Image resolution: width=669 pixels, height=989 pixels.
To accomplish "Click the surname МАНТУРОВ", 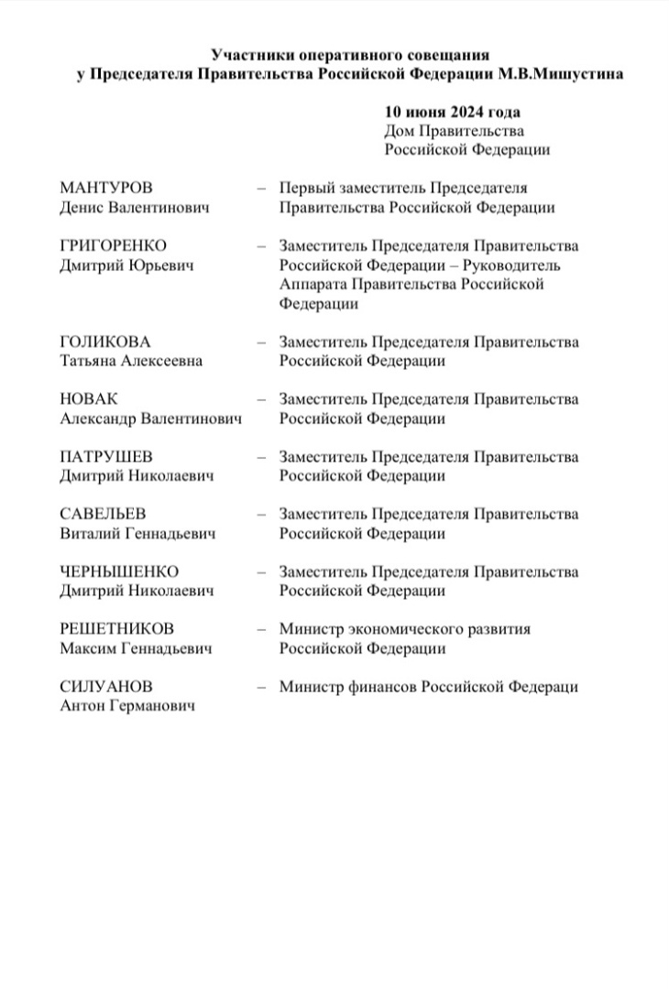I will pyautogui.click(x=106, y=189).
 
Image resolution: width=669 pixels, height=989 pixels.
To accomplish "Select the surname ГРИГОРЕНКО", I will pyautogui.click(x=114, y=246).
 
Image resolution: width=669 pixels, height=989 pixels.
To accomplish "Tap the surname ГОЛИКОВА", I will pyautogui.click(x=104, y=342).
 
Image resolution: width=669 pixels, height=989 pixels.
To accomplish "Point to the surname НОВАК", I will pyautogui.click(x=89, y=400).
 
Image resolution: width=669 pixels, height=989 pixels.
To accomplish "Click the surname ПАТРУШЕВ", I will pyautogui.click(x=106, y=457).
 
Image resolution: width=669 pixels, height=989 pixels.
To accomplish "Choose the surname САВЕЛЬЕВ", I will pyautogui.click(x=103, y=515).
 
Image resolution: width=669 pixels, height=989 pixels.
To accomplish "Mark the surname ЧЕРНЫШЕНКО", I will pyautogui.click(x=119, y=572).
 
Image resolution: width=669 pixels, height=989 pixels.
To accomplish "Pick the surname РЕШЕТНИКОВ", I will pyautogui.click(x=116, y=630).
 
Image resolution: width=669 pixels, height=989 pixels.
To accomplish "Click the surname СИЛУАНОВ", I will pyautogui.click(x=106, y=687).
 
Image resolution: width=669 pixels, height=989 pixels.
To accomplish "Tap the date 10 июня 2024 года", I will pyautogui.click(x=453, y=113).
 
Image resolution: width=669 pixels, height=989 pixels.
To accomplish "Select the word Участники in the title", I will pyautogui.click(x=249, y=56).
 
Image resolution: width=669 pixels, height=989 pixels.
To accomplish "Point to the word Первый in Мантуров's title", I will pyautogui.click(x=305, y=189).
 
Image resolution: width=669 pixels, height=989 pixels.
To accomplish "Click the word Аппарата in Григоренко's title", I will pyautogui.click(x=311, y=285).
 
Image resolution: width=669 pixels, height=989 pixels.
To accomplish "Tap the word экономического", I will pyautogui.click(x=408, y=630).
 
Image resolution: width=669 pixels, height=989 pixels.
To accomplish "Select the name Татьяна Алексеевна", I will pyautogui.click(x=131, y=362).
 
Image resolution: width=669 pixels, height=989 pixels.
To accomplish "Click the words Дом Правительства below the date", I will pyautogui.click(x=455, y=132).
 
